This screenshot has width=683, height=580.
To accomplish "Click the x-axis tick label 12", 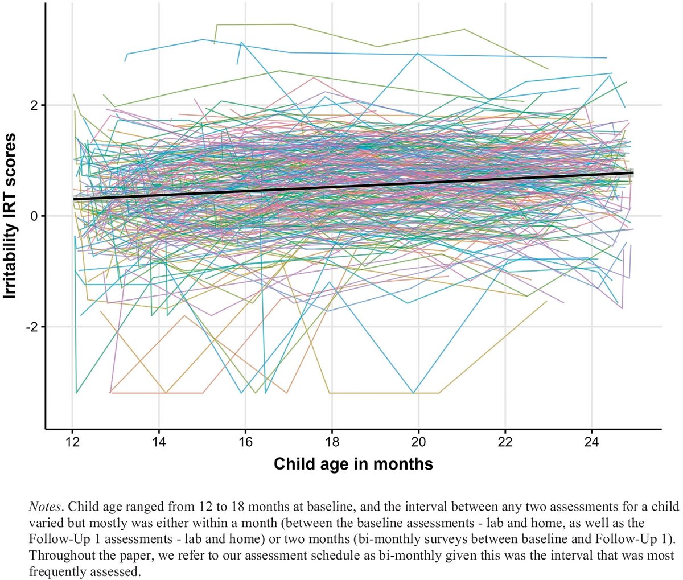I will (x=72, y=443).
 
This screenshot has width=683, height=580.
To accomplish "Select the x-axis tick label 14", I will (x=159, y=443).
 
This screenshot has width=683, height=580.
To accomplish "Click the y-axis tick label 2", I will (x=34, y=106).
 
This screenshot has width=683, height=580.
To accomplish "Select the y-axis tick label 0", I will (x=34, y=216).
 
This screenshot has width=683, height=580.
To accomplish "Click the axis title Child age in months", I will (x=353, y=464).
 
